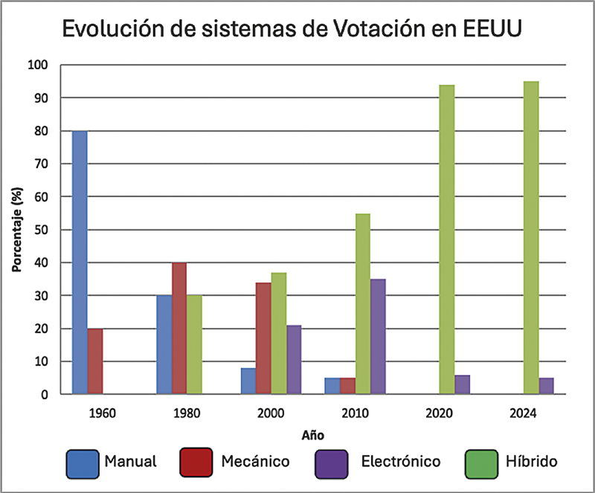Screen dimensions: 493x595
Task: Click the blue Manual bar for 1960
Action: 80,262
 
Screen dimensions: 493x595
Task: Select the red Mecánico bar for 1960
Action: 95,361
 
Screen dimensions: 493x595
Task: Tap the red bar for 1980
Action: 179,328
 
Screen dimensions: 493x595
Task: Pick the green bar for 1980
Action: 194,344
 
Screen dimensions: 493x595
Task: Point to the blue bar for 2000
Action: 248,381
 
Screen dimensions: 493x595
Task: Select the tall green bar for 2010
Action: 363,303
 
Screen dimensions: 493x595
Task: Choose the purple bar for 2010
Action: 378,336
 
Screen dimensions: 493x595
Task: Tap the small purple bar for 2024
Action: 547,386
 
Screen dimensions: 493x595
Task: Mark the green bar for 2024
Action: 531,238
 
